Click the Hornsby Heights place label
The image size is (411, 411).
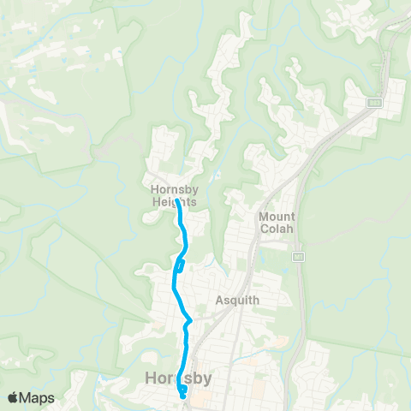pos(173,196)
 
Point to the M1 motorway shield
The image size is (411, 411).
pos(297,257)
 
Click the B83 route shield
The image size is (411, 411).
pos(374,103)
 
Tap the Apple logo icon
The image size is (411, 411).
pos(14,397)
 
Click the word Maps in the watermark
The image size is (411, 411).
pos(39,397)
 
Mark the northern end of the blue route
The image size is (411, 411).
pos(178,203)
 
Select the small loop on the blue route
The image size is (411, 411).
pos(180,266)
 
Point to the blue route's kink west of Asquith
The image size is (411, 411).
pos(188,321)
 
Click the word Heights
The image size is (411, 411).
pos(173,202)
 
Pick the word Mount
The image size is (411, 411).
pos(277,217)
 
